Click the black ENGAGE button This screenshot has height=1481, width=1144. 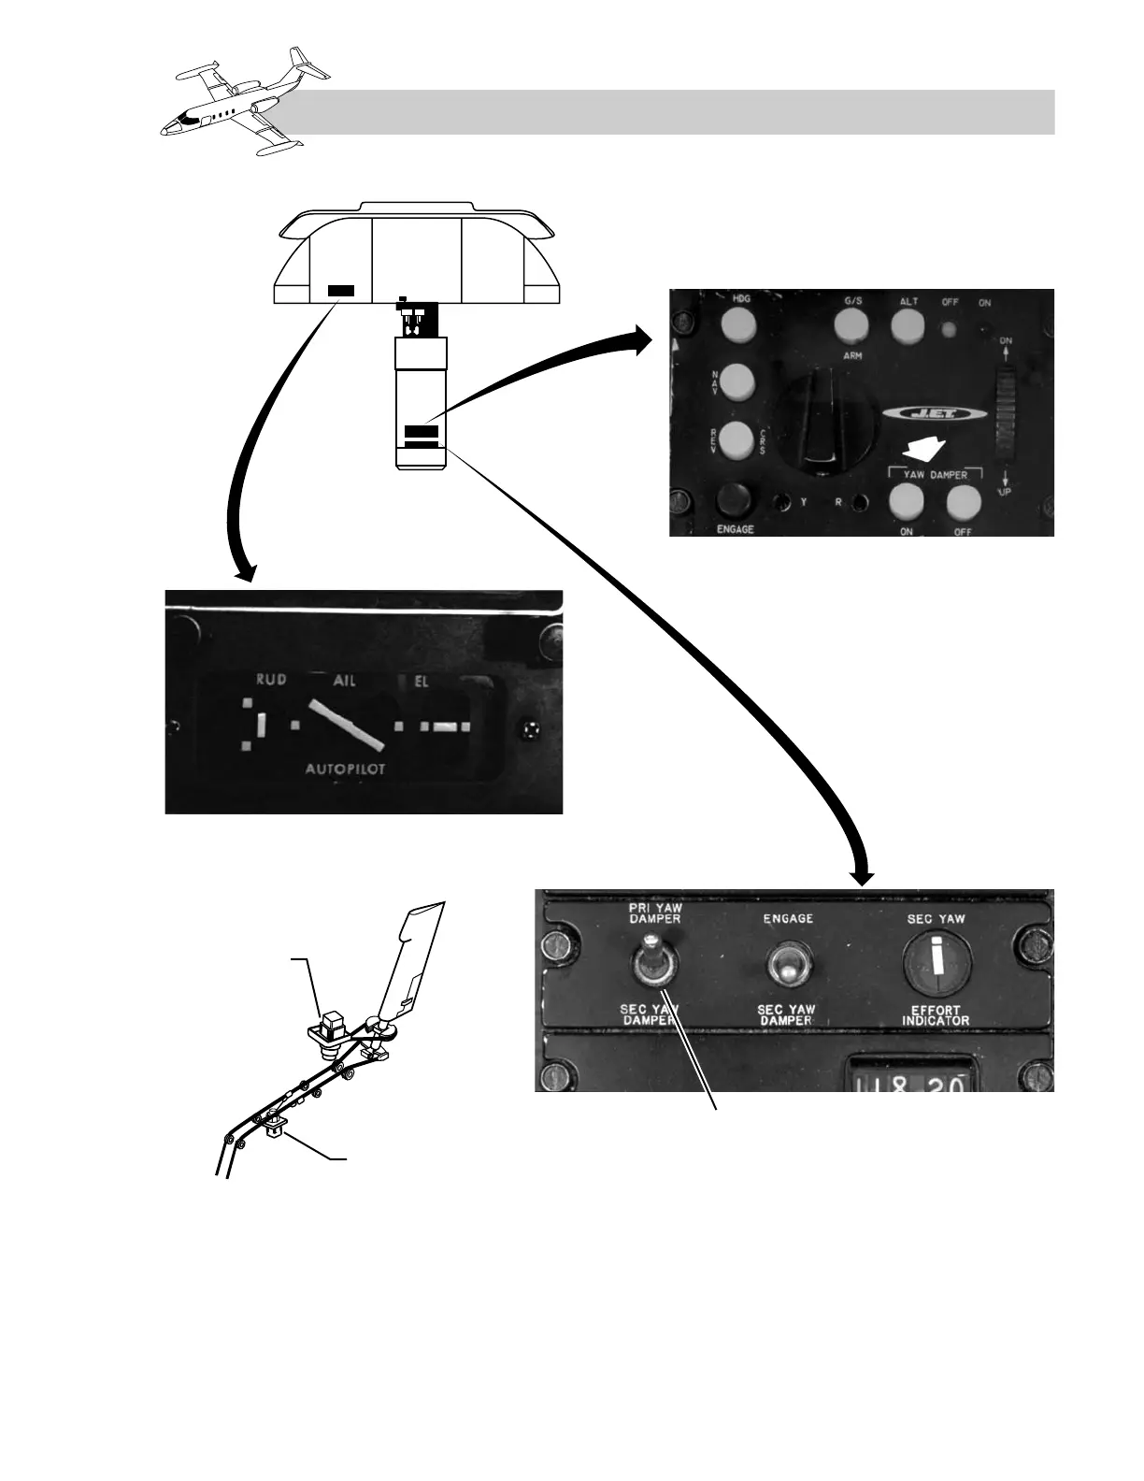736,500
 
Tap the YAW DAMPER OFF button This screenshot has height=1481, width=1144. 965,503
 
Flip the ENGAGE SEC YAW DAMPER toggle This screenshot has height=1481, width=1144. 787,966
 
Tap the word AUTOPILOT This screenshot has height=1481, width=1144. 346,769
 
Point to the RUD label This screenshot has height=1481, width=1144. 271,680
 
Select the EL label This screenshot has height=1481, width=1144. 422,682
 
